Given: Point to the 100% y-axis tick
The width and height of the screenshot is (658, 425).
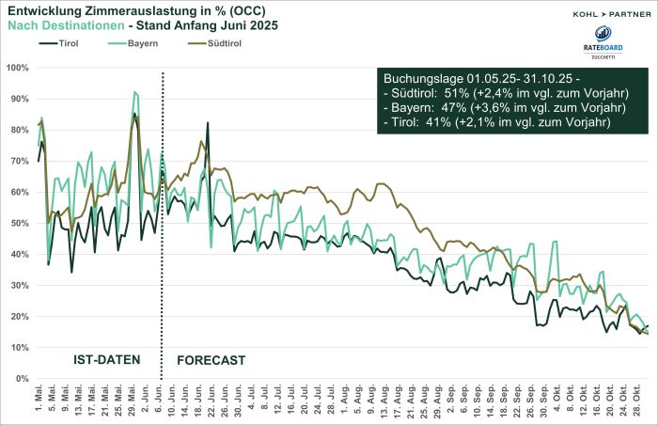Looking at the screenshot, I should pyautogui.click(x=18, y=68).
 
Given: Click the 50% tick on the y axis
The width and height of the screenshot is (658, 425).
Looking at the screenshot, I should pyautogui.click(x=20, y=223).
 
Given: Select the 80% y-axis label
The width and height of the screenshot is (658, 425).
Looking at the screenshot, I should pyautogui.click(x=20, y=130).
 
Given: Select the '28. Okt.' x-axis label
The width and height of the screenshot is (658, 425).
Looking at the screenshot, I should pyautogui.click(x=638, y=399).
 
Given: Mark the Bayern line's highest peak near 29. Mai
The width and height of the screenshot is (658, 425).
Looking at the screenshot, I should pyautogui.click(x=135, y=92).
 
